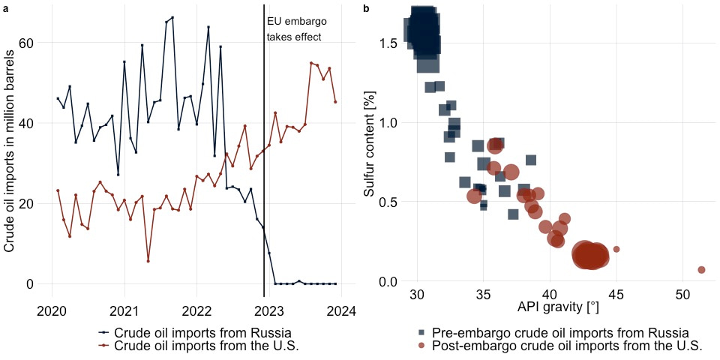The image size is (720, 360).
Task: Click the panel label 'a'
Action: click(6, 8)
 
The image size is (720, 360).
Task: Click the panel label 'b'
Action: click(366, 8)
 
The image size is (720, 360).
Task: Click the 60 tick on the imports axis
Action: click(28, 43)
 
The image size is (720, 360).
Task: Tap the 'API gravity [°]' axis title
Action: click(559, 307)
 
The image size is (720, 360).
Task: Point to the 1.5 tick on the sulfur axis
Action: click(388, 43)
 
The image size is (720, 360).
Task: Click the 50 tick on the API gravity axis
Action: click(682, 292)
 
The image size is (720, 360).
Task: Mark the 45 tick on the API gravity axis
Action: click(616, 292)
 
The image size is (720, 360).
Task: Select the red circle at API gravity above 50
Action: click(701, 269)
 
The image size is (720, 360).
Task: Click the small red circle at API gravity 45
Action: click(616, 249)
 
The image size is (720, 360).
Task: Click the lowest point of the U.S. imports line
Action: click(148, 261)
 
